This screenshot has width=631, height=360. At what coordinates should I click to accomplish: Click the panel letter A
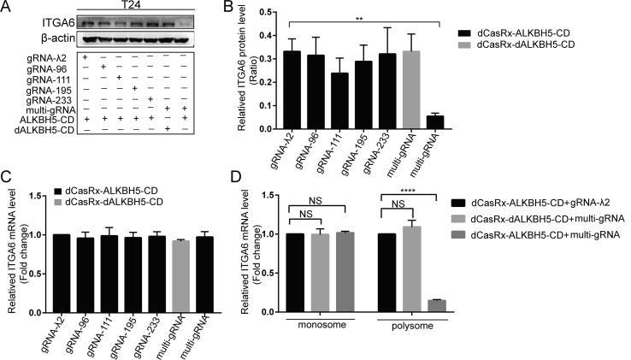pos(7,8)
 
